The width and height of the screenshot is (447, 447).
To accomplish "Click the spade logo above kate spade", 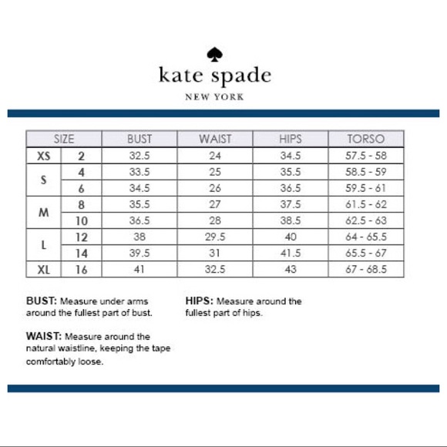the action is [x=214, y=55].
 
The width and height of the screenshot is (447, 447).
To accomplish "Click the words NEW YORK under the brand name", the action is [x=214, y=97].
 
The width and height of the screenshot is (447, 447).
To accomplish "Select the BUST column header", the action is [x=139, y=139].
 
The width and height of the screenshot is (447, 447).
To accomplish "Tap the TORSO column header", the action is [x=367, y=139].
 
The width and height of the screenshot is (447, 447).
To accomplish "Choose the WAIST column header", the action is [x=215, y=139].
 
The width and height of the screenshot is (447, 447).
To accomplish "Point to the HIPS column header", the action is [x=291, y=139].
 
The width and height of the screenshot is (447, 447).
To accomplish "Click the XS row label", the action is [x=45, y=155].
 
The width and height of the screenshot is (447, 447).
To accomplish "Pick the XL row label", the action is [x=45, y=270].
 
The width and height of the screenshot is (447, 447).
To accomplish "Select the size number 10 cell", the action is [x=81, y=220].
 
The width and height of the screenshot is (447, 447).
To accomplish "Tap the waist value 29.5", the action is [x=215, y=237].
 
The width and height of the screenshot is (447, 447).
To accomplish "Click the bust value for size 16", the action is [x=139, y=270].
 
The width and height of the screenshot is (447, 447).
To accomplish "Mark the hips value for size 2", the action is [x=291, y=155].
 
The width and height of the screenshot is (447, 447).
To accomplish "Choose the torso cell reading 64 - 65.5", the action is [x=367, y=237].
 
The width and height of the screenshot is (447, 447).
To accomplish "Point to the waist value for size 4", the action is [x=215, y=171].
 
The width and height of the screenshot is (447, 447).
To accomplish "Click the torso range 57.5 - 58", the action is [x=367, y=155].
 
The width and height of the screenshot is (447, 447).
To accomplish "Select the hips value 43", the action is [x=291, y=270].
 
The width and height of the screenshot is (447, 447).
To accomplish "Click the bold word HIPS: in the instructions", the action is [x=200, y=301].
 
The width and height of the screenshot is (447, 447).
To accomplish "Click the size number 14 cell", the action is [x=81, y=254].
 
